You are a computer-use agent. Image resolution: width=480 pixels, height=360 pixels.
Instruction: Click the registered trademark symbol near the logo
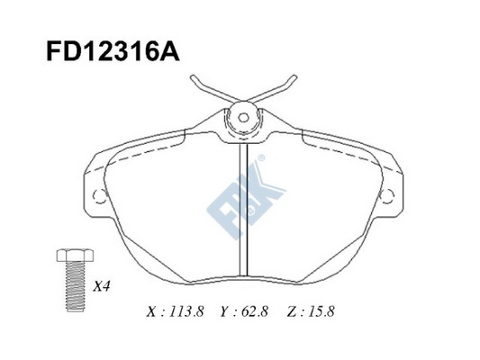pos(262,158)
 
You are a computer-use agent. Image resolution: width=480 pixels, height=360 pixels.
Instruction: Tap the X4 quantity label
pos(102,289)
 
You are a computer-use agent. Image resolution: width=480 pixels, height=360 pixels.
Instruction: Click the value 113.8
pos(186,313)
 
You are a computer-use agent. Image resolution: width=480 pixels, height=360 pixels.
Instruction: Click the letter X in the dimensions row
pos(150,313)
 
